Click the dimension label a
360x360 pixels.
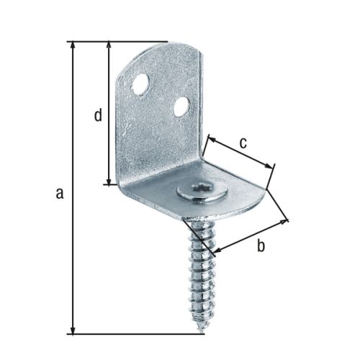[60, 192]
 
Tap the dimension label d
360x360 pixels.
[98, 114]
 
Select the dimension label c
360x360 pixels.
[243, 143]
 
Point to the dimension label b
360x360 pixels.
[261, 247]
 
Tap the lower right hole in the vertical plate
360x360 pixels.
[183, 108]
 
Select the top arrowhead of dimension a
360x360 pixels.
[73, 45]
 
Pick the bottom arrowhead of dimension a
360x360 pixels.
[73, 330]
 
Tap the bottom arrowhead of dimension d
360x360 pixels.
[109, 181]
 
